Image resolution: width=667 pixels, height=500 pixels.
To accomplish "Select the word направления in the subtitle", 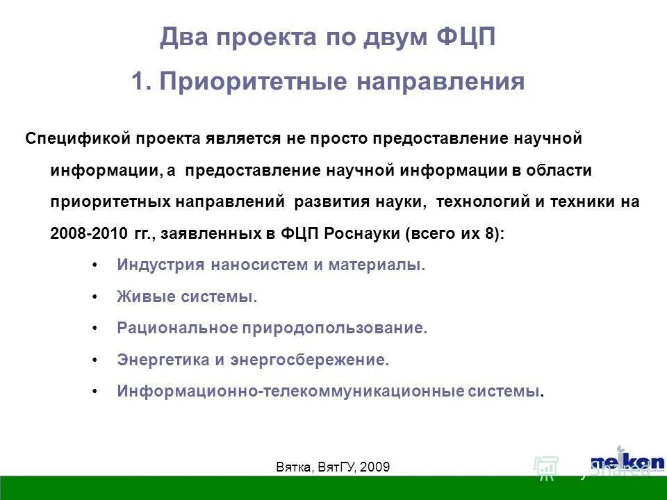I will (440, 82).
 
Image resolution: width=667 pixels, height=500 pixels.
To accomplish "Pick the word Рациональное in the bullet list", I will (176, 328).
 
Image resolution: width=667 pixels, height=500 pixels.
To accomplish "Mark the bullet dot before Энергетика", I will (94, 360).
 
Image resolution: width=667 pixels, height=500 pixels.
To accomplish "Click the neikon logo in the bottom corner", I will (627, 462).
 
